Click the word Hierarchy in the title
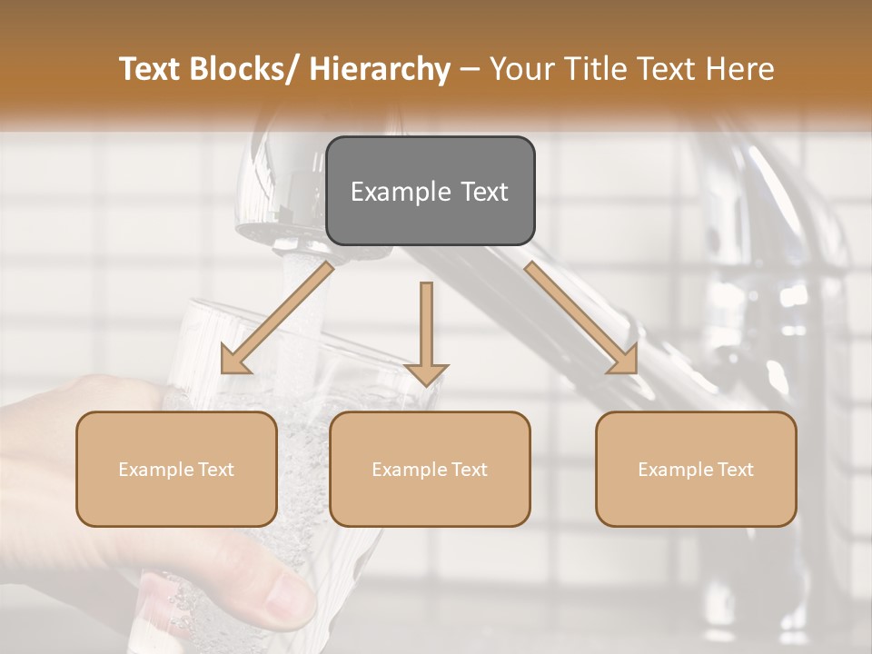click(x=380, y=69)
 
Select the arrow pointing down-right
click(x=581, y=318)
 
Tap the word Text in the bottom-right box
click(x=735, y=470)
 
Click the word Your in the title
click(x=518, y=69)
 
